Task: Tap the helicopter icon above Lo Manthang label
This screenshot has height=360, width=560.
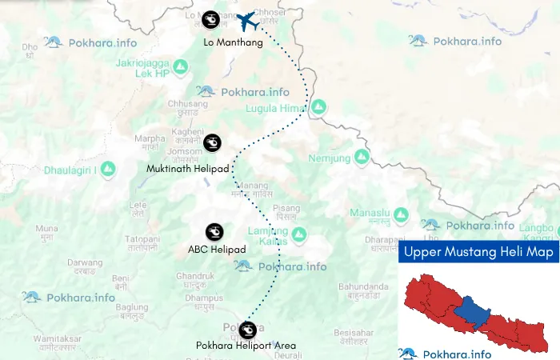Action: coord(210,18)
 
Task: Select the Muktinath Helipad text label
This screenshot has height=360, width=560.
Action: coord(188,169)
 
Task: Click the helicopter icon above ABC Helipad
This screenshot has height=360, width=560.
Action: coord(214,231)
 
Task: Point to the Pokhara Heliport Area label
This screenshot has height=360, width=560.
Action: coord(246,346)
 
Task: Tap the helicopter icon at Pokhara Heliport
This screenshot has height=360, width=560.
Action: coord(248,328)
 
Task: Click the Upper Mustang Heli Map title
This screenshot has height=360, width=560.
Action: coord(478,252)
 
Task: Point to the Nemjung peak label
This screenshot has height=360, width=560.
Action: coord(330,158)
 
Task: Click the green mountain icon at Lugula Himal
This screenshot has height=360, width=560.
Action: coord(318,106)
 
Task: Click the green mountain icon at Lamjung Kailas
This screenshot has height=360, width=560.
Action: coord(298,234)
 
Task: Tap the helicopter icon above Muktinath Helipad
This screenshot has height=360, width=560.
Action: coord(212,143)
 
